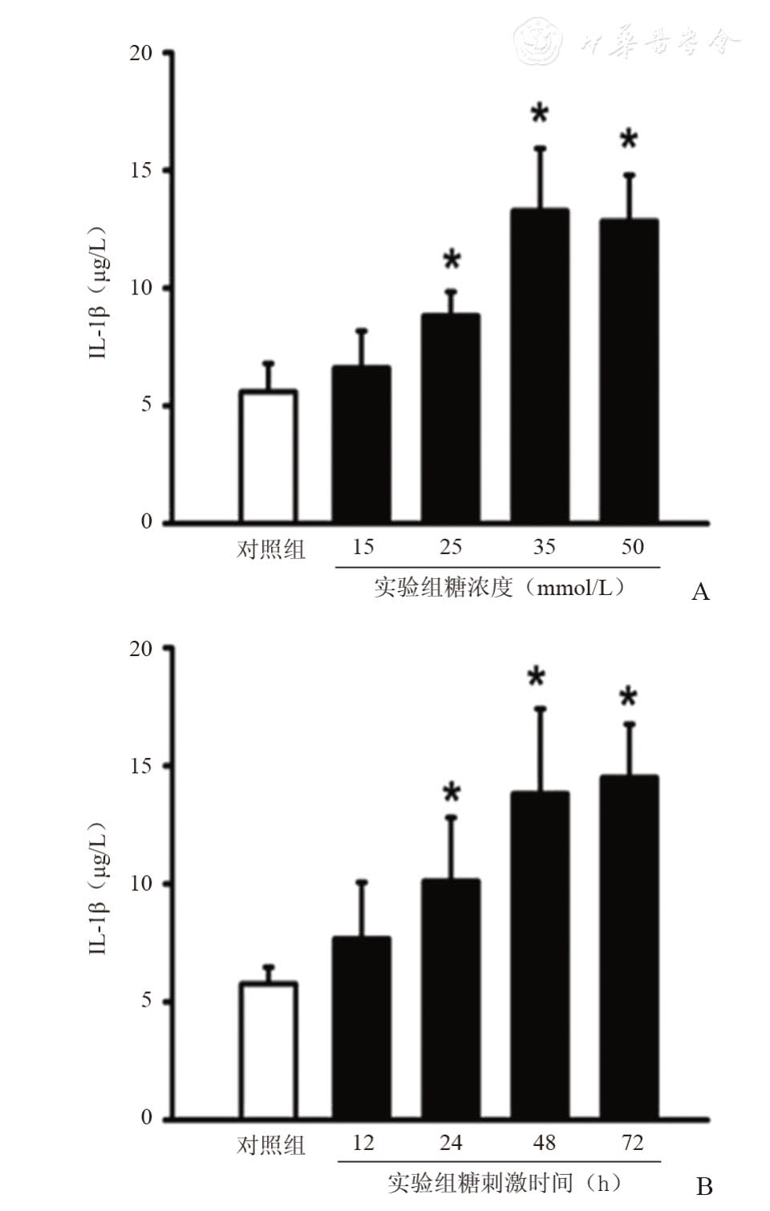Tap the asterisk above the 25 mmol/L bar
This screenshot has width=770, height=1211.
[452, 261]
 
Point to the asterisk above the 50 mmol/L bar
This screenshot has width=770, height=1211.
[629, 140]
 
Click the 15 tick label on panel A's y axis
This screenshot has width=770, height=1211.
[141, 170]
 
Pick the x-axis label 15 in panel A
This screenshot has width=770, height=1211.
[363, 547]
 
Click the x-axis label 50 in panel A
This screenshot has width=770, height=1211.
[632, 547]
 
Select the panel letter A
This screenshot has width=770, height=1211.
[700, 592]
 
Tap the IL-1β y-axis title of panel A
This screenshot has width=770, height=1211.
[98, 293]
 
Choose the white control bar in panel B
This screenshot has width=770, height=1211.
[269, 1050]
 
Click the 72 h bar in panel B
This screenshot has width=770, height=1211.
[629, 946]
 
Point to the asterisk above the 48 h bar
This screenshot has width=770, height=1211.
[536, 678]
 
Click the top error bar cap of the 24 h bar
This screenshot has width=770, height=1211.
[452, 817]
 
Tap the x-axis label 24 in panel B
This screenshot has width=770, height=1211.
[451, 1142]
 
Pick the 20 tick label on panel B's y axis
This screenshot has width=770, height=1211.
[141, 648]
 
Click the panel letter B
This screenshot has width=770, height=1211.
[703, 1186]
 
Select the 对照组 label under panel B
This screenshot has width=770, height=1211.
[271, 1145]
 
